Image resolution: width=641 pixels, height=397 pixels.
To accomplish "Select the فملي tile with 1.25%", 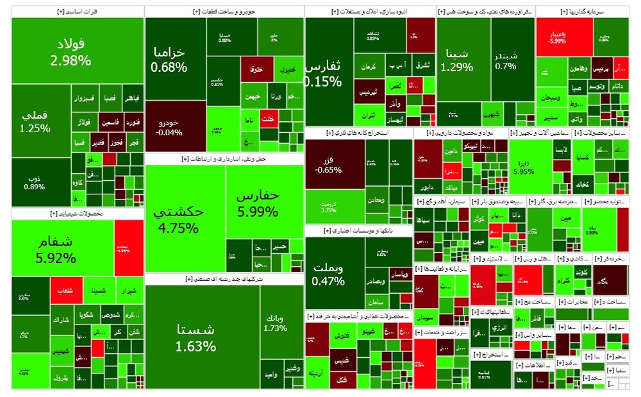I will pyautogui.click(x=36, y=121).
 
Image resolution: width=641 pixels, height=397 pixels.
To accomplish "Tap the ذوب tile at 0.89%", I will pyautogui.click(x=36, y=182).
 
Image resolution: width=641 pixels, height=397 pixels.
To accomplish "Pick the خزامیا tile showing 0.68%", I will pyautogui.click(x=169, y=59).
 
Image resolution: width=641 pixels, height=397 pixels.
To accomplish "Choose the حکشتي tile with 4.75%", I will pyautogui.click(x=185, y=218).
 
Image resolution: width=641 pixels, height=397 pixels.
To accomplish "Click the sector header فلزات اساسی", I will pyautogui.click(x=78, y=12).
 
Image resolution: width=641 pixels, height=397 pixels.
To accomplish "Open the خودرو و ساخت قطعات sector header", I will pyautogui.click(x=224, y=12).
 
